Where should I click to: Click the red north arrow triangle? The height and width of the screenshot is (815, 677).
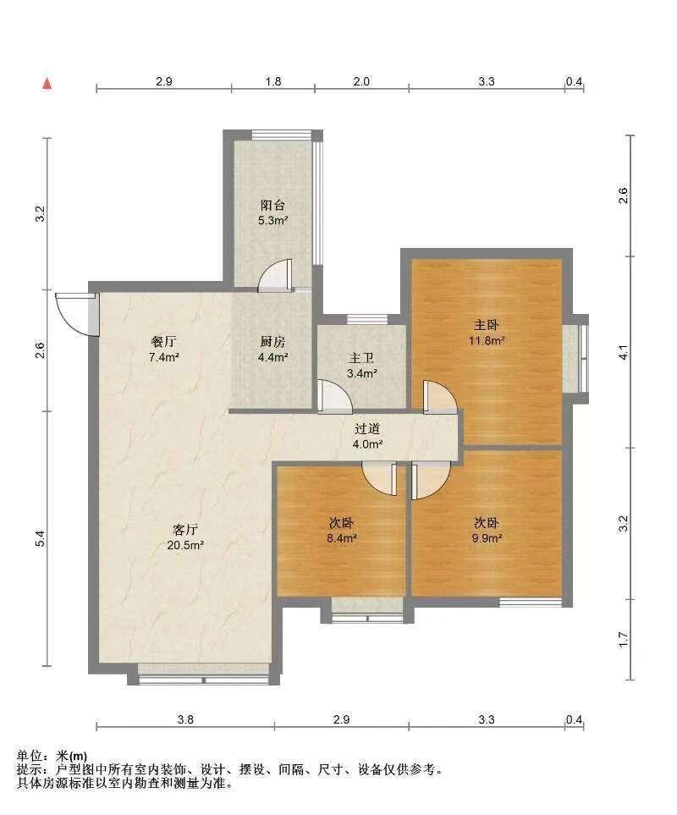[47, 84]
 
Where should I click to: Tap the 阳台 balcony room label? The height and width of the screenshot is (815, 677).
[272, 206]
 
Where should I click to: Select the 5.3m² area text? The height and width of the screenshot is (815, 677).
[273, 220]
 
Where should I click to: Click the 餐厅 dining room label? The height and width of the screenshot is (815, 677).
[163, 342]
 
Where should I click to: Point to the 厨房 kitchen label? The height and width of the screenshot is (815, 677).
[272, 342]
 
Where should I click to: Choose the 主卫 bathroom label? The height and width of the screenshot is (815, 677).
[361, 358]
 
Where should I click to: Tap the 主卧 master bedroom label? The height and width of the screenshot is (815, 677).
[487, 325]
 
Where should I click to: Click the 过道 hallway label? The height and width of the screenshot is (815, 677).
[367, 429]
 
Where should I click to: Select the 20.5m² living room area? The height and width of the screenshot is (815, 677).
[185, 546]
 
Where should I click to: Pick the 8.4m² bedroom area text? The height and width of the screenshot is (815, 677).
[341, 538]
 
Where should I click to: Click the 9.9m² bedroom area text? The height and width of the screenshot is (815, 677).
[487, 538]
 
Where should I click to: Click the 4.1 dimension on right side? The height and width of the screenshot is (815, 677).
[624, 352]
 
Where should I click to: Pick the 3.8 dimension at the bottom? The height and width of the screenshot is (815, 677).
[185, 720]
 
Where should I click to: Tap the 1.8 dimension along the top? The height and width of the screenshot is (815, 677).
[273, 81]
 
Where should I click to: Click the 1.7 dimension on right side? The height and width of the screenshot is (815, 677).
[624, 639]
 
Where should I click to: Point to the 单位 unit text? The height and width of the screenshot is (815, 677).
[29, 757]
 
